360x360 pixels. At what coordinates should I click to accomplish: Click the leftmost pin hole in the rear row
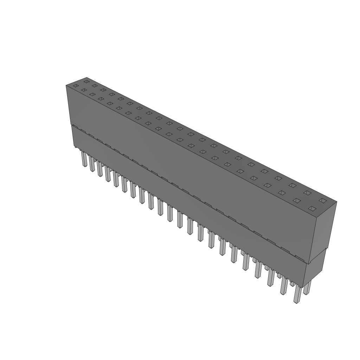click(86, 82)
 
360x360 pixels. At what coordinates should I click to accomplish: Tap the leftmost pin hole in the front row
click(76, 86)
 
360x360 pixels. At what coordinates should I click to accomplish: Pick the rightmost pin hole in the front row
click(311, 208)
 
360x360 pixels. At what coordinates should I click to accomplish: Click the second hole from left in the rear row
click(95, 85)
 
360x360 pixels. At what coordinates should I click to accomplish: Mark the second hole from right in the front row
click(297, 200)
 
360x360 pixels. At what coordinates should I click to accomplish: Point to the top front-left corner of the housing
click(66, 85)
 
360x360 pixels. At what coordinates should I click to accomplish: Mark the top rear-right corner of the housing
click(337, 202)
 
